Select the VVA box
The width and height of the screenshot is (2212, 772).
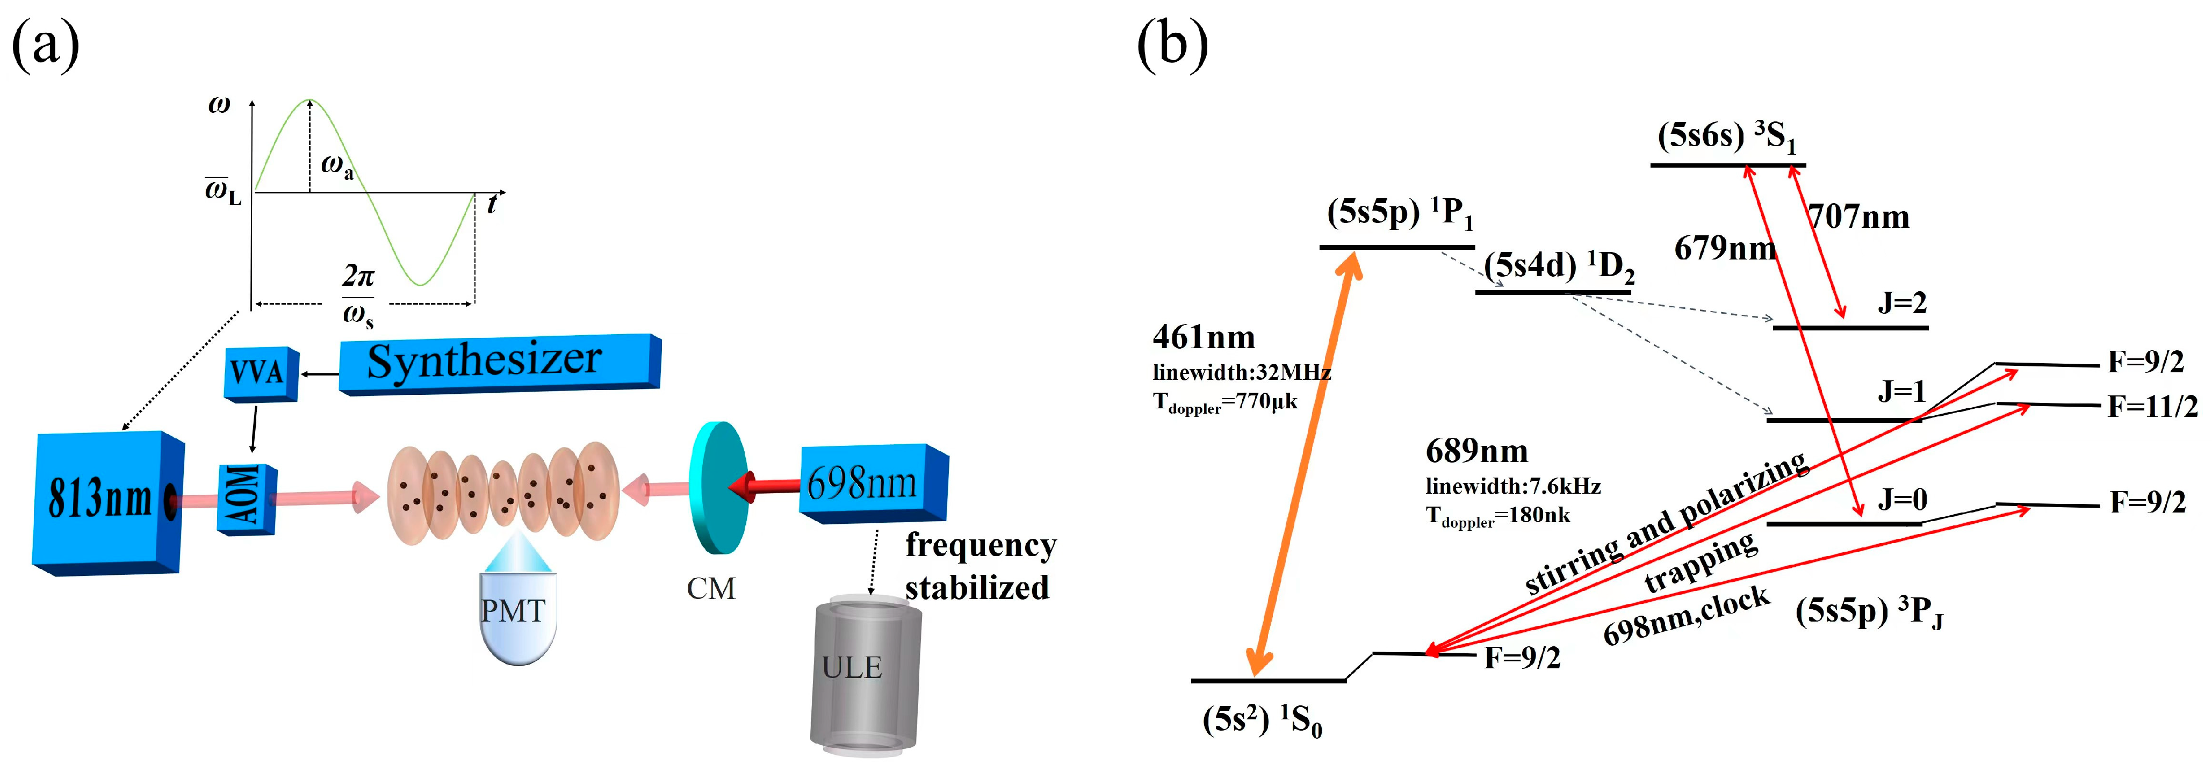[x=260, y=373]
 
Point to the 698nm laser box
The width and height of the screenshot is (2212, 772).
[x=871, y=482]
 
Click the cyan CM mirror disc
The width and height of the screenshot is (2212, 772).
[x=718, y=487]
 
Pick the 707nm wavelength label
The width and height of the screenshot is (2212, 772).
[x=1858, y=217]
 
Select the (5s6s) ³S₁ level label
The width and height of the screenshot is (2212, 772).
[x=1726, y=136]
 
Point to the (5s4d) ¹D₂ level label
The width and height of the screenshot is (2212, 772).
[x=1559, y=266]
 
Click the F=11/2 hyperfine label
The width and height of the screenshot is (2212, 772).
[x=2152, y=406]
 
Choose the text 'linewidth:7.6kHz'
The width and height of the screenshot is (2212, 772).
[x=1513, y=486]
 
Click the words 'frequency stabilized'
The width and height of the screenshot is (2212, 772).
[x=979, y=567]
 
